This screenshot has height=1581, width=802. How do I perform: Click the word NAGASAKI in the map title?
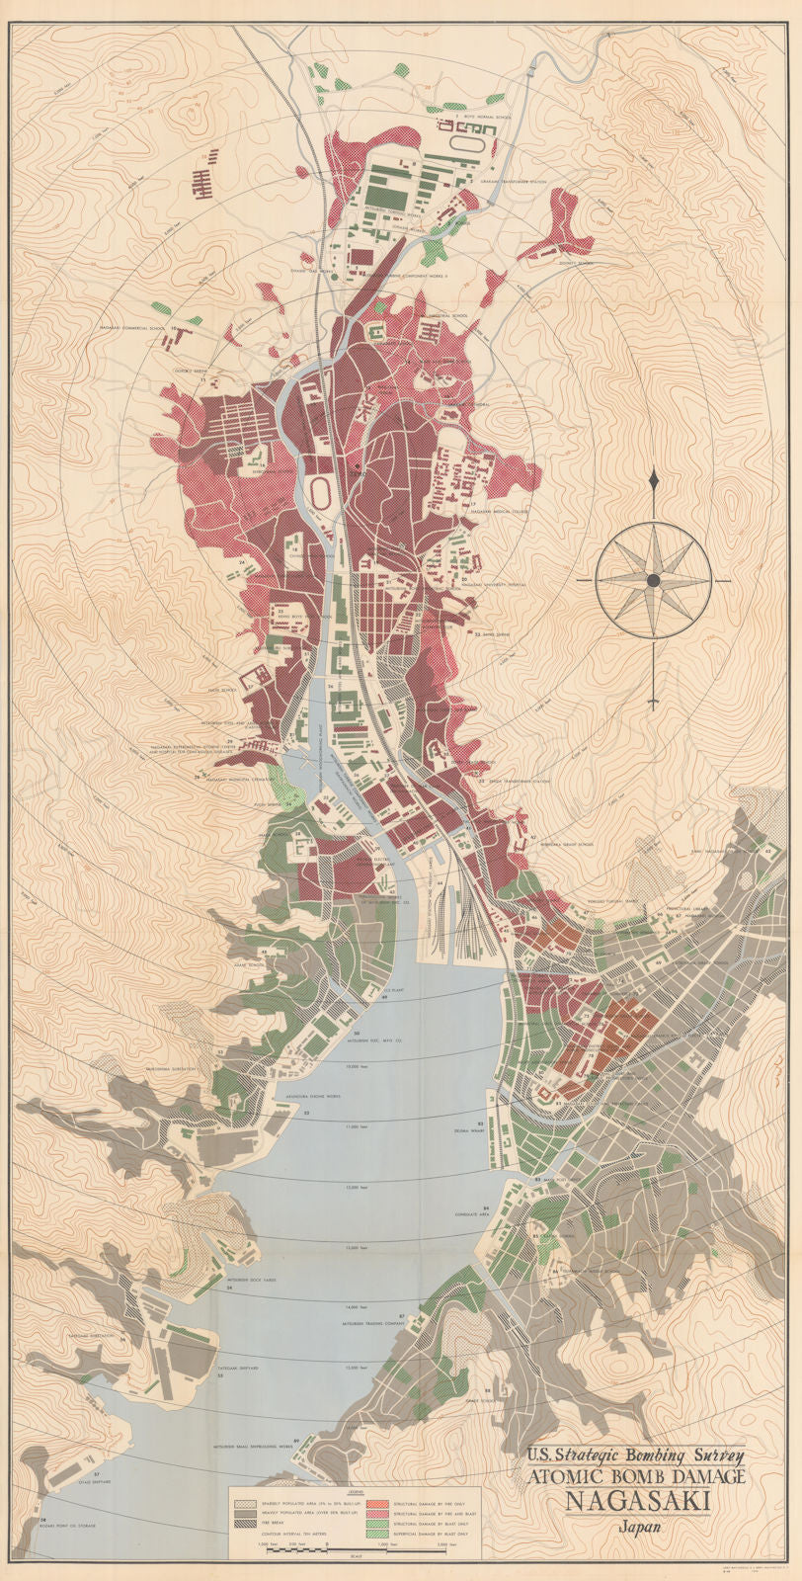click(x=636, y=1502)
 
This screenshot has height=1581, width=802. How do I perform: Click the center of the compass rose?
click(x=653, y=580)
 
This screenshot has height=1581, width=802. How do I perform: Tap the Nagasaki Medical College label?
click(x=477, y=512)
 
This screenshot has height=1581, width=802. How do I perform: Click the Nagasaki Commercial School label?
click(x=127, y=326)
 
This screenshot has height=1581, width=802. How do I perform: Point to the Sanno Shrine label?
click(x=491, y=633)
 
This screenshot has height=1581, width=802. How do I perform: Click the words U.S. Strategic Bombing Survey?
click(x=636, y=1454)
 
